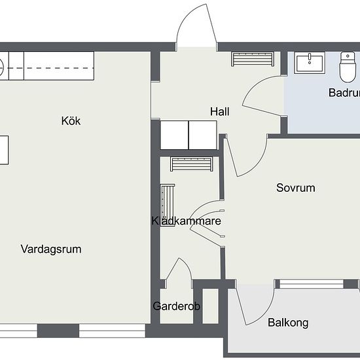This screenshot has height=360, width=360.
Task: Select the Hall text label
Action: [219, 112]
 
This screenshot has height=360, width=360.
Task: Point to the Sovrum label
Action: [295, 188]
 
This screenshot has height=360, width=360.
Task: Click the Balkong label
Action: [288, 323]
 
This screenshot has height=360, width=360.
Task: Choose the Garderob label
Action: [176, 306]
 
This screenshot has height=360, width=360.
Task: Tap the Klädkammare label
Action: [186, 221]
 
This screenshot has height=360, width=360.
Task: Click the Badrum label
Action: [343, 93]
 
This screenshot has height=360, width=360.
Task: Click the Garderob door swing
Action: [177, 272]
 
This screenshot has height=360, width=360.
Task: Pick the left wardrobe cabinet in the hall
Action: [174, 135]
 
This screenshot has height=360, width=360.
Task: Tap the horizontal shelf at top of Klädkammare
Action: [192, 164]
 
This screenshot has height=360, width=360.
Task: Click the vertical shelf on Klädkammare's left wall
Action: [167, 203]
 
